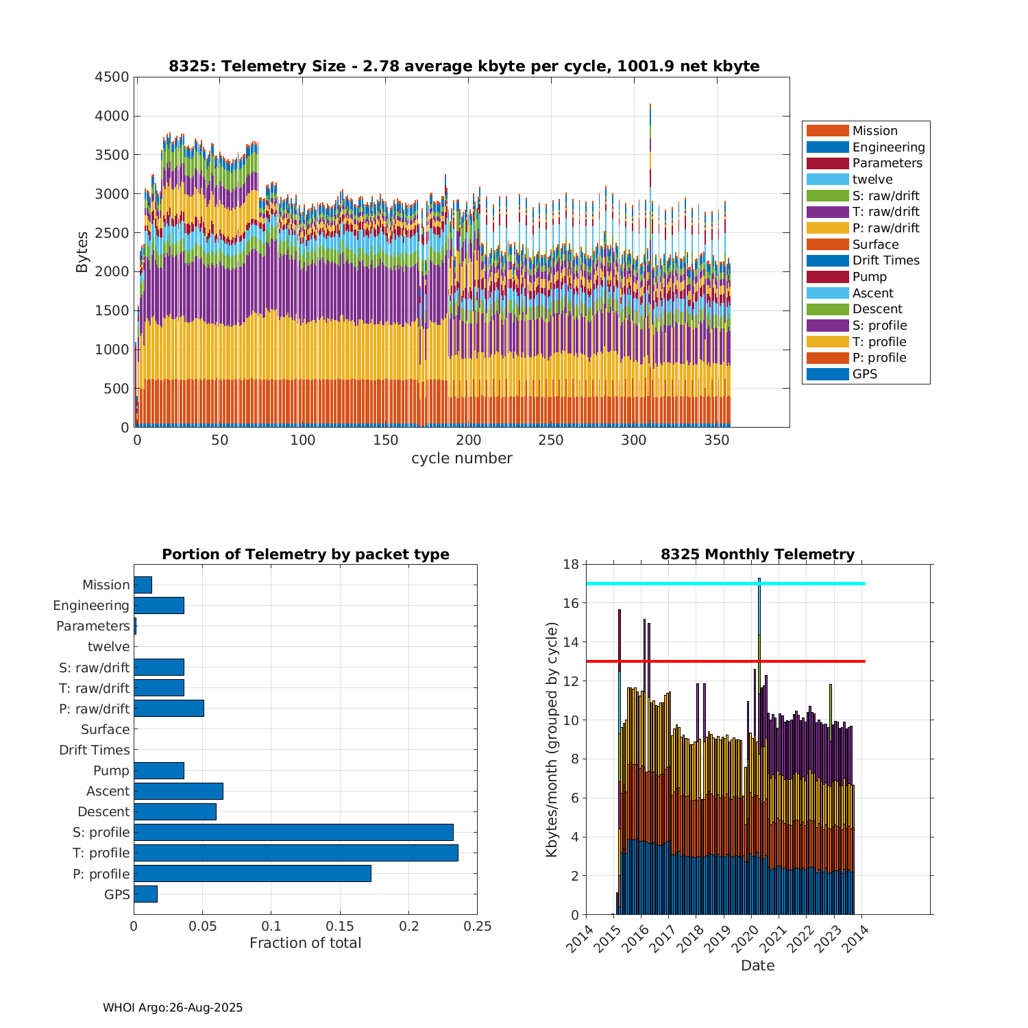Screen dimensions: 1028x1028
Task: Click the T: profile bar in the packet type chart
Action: point(295,853)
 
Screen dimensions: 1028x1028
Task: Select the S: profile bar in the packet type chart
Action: point(293,832)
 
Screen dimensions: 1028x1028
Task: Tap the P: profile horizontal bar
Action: point(252,873)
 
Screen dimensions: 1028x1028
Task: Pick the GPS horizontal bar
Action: point(145,894)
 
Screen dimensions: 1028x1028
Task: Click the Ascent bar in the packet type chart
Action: point(178,791)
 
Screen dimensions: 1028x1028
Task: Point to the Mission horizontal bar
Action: point(143,585)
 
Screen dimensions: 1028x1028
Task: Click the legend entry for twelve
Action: point(872,180)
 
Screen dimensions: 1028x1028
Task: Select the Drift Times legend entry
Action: point(885,260)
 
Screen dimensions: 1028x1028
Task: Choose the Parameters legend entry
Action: point(887,163)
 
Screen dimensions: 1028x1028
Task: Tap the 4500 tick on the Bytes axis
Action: point(112,77)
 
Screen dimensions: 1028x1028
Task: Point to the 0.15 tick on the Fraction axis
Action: point(340,927)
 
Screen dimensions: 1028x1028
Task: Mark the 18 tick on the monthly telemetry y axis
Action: point(571,564)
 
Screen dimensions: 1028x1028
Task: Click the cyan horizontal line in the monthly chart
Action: point(809,583)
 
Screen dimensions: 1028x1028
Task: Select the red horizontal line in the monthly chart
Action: point(809,661)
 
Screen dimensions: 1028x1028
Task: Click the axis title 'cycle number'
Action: point(461,458)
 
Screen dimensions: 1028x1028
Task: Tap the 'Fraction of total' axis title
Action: point(305,943)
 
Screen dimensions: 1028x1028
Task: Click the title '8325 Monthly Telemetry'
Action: point(757,554)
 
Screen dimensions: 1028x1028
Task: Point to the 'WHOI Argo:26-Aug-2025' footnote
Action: point(173,1007)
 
